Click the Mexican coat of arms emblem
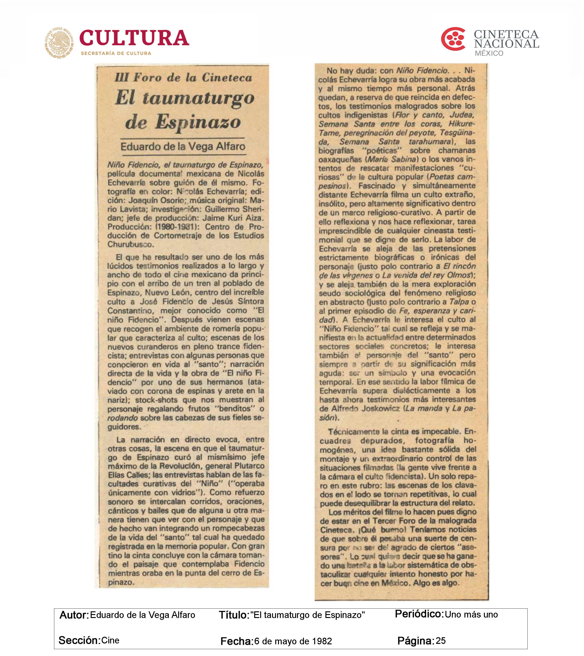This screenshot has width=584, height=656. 59,42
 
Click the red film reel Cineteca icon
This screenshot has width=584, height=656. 453,39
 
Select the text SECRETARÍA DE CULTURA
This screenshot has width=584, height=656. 116,53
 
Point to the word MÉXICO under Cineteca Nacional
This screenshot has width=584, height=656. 489,53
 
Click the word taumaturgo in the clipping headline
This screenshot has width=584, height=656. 198,98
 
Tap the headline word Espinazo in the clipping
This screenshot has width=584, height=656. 198,122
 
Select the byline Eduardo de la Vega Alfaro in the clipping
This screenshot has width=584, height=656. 183,147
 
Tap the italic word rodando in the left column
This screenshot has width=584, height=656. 122,418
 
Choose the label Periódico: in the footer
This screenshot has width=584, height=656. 419,614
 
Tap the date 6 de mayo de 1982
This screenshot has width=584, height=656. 293,641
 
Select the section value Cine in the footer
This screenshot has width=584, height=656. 110,640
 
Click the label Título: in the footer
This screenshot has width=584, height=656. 234,615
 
